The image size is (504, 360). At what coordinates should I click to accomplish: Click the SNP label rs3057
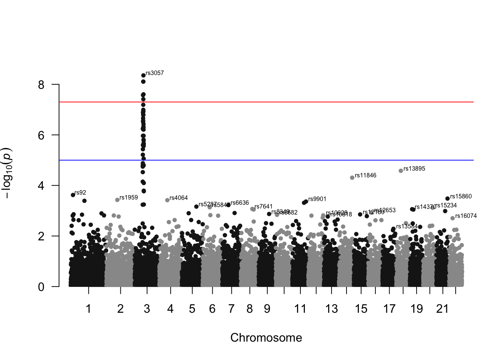[x=154, y=73]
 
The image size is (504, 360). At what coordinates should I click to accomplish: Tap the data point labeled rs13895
[x=401, y=171]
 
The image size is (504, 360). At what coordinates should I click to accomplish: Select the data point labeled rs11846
[x=352, y=178]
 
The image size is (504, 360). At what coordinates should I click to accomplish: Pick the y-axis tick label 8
[x=41, y=85]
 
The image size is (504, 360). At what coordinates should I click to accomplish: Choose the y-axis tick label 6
[x=41, y=135]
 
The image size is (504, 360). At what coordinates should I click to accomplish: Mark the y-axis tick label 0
[x=41, y=287]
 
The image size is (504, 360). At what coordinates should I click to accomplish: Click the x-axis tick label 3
[x=147, y=309]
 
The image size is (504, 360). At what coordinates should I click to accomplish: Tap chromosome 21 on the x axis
[x=442, y=309]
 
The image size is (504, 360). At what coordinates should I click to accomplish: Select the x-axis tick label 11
[x=300, y=309]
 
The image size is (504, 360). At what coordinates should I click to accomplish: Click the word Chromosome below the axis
[x=266, y=338]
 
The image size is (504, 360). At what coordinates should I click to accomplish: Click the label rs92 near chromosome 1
[x=80, y=193]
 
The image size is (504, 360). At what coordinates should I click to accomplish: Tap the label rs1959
[x=129, y=198]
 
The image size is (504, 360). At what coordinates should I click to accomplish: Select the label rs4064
[x=178, y=198]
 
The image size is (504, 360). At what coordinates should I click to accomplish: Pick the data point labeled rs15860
[x=447, y=199]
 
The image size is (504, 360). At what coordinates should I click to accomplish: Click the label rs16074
[x=466, y=216]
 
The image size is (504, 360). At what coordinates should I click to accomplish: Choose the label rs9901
[x=317, y=199]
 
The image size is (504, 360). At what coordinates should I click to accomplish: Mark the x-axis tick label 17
[x=389, y=309]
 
